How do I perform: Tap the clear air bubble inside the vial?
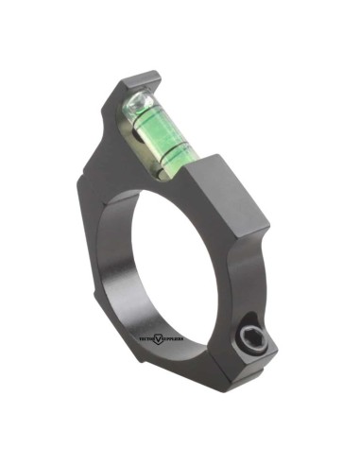[138, 103]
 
